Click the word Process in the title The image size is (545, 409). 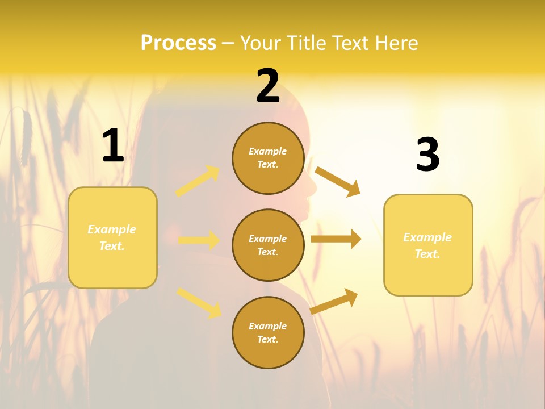(178, 43)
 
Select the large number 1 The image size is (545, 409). (112, 146)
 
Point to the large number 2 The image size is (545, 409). (268, 86)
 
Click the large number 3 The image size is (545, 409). (427, 155)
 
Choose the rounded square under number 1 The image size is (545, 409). (112, 237)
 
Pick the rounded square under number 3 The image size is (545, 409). (428, 245)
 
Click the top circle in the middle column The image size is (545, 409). (268, 158)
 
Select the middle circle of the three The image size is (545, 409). (268, 245)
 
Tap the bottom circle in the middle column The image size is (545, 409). (268, 333)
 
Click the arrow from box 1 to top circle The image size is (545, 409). (198, 181)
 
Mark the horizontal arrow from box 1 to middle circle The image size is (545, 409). (199, 240)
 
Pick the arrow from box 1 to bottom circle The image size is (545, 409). (199, 303)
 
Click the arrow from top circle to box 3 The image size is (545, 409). (337, 181)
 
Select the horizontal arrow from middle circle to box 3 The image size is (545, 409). (336, 239)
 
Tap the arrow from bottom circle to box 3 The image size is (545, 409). (334, 301)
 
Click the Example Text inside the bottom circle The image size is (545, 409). (268, 333)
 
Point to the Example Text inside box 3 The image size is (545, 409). (427, 245)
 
